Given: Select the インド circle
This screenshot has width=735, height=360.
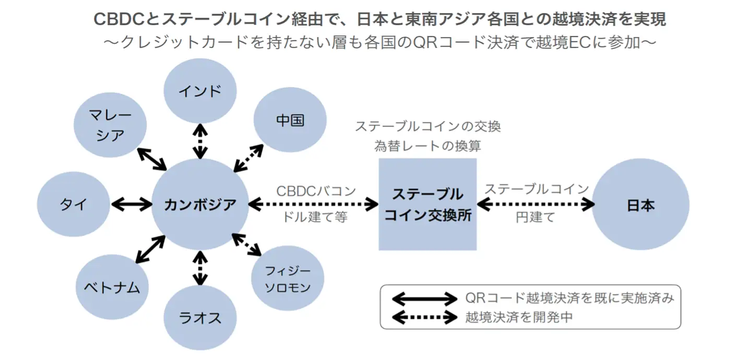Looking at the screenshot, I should [x=200, y=91].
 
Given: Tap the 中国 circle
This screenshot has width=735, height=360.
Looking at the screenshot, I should [x=290, y=121].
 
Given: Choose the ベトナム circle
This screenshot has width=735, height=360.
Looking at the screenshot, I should [x=112, y=286].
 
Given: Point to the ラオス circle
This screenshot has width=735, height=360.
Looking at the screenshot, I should [x=200, y=317].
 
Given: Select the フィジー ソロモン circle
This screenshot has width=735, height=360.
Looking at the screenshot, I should [x=288, y=279].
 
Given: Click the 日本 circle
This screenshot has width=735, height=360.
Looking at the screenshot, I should [x=641, y=205].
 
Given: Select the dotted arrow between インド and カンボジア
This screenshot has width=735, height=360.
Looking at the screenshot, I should [x=200, y=141].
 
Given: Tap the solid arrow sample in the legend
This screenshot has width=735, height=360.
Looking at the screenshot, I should [x=424, y=299].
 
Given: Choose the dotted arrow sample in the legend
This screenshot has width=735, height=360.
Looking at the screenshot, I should [x=424, y=316].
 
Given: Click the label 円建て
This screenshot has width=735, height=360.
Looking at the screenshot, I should [x=536, y=218].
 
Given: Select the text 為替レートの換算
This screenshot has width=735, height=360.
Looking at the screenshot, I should [x=428, y=146].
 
